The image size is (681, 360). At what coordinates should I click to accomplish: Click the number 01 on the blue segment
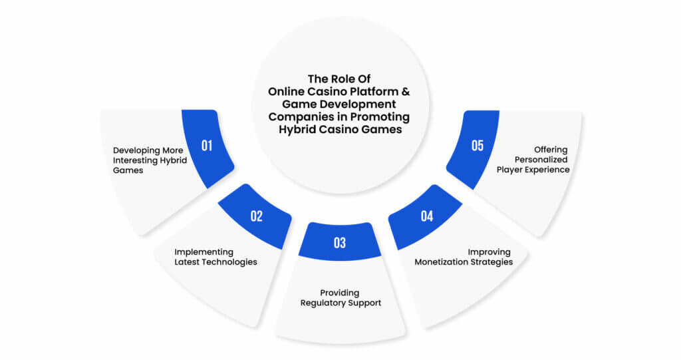pyautogui.click(x=207, y=146)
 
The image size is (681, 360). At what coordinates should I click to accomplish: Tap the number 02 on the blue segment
pyautogui.click(x=257, y=216)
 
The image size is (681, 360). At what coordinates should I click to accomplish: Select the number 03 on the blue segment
pyautogui.click(x=340, y=243)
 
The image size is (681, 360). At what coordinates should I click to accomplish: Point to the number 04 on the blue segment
pyautogui.click(x=427, y=216)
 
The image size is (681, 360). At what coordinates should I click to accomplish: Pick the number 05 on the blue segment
pyautogui.click(x=477, y=146)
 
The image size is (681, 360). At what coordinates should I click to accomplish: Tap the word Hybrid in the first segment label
pyautogui.click(x=174, y=161)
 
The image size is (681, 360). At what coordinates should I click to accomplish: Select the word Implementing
pyautogui.click(x=204, y=252)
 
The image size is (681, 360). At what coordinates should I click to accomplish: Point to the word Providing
pyautogui.click(x=340, y=293)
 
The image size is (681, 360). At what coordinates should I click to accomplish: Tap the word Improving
pyautogui.click(x=489, y=252)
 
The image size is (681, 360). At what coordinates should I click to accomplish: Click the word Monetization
pyautogui.click(x=440, y=262)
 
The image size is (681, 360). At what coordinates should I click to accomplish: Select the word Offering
pyautogui.click(x=551, y=150)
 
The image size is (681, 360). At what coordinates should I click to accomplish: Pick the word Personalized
pyautogui.click(x=541, y=160)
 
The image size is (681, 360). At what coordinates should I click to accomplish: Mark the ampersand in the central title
pyautogui.click(x=405, y=92)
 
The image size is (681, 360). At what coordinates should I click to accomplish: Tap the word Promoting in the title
pyautogui.click(x=380, y=117)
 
